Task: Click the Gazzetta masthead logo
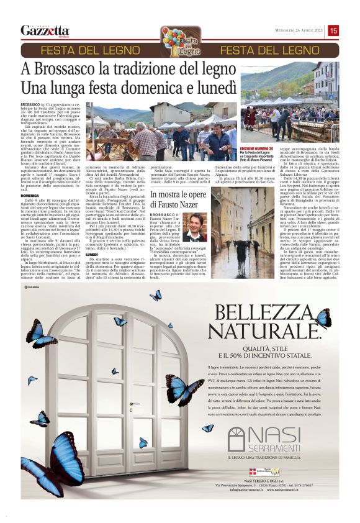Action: pos(44,30)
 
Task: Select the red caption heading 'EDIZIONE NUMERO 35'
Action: pos(256,149)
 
